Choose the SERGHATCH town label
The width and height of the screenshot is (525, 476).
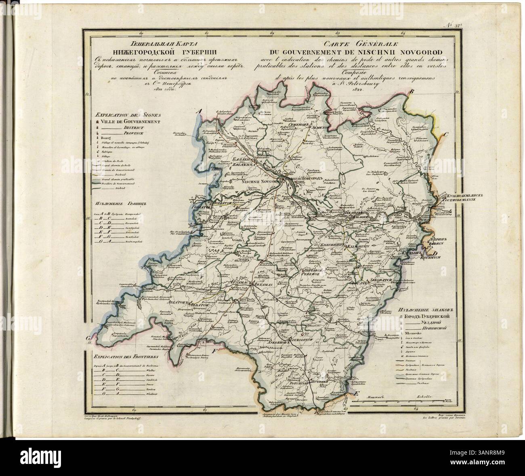(x=379, y=280)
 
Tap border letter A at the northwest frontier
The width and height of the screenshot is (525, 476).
(x=198, y=112)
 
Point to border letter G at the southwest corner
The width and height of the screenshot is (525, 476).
(x=88, y=337)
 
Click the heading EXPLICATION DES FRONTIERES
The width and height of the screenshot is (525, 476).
(x=126, y=357)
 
